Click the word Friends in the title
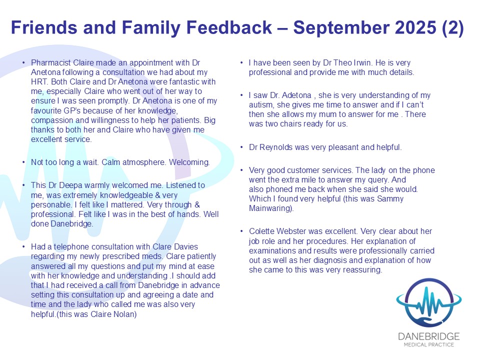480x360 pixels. click(x=44, y=27)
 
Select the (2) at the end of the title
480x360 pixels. click(x=453, y=28)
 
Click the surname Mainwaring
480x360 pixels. click(x=271, y=208)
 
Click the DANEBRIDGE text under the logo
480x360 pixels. click(x=428, y=336)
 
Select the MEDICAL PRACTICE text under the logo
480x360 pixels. click(x=428, y=344)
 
